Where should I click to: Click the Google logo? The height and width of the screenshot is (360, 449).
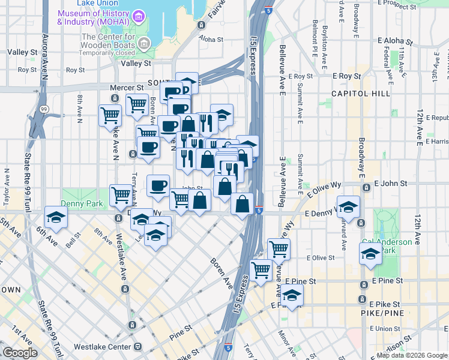tap(20, 353)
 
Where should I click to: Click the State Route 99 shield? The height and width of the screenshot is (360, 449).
tap(44, 109)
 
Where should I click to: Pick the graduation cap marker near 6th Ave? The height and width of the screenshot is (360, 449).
tap(56, 218)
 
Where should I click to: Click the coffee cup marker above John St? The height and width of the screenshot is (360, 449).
tap(158, 185)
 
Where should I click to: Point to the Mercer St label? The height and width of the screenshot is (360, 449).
tap(124, 88)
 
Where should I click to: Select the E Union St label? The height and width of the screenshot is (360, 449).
tap(385, 328)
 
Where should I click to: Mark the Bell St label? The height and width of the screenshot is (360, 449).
tap(73, 241)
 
